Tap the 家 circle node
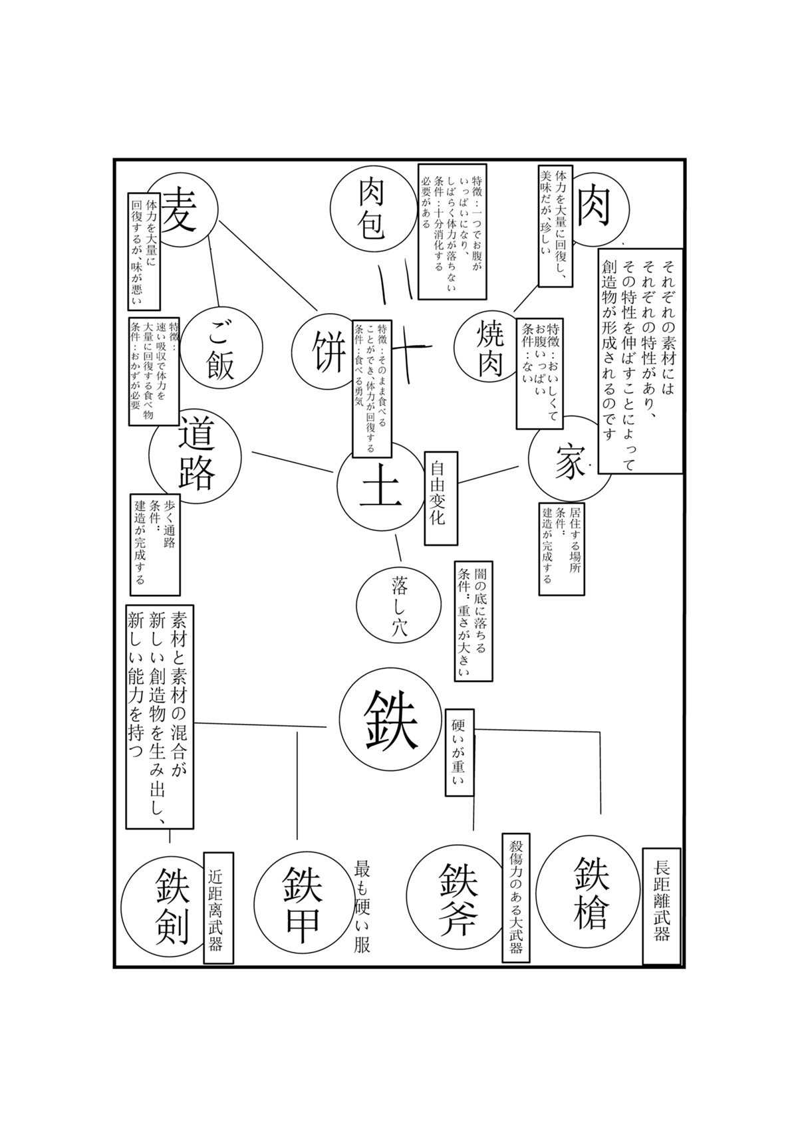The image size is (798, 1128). [x=569, y=459]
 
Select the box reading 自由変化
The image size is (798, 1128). [x=441, y=497]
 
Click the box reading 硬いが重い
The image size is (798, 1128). [x=460, y=752]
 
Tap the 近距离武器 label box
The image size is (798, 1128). [x=218, y=908]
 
